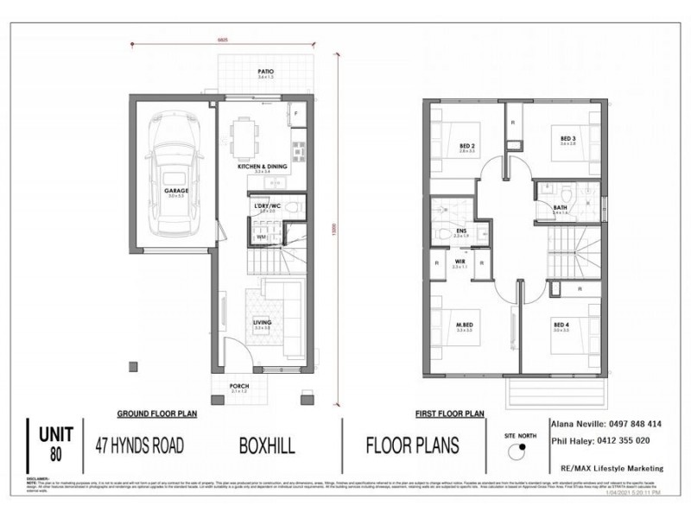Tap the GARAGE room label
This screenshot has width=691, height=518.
[x=176, y=192]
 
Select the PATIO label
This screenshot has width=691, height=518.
[x=265, y=73]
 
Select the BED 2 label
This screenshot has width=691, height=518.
[x=466, y=144]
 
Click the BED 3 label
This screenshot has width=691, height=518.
[x=567, y=138]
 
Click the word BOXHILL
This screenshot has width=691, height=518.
[x=268, y=447]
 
